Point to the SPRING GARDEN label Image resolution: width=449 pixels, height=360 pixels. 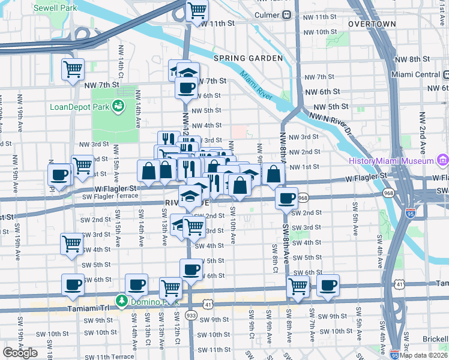pyautogui.click(x=248, y=58)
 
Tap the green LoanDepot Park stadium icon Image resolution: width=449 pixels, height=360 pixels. pyautogui.click(x=119, y=107)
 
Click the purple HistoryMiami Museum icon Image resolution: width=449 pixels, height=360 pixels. pyautogui.click(x=443, y=161)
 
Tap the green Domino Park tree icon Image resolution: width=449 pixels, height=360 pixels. pyautogui.click(x=122, y=300)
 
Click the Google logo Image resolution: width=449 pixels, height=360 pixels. pyautogui.click(x=20, y=352)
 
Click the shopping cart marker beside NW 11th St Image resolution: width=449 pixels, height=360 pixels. pyautogui.click(x=196, y=10)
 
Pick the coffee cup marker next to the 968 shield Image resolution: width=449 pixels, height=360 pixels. pyautogui.click(x=286, y=197)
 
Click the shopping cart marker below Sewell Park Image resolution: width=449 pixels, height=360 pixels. pyautogui.click(x=73, y=70)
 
